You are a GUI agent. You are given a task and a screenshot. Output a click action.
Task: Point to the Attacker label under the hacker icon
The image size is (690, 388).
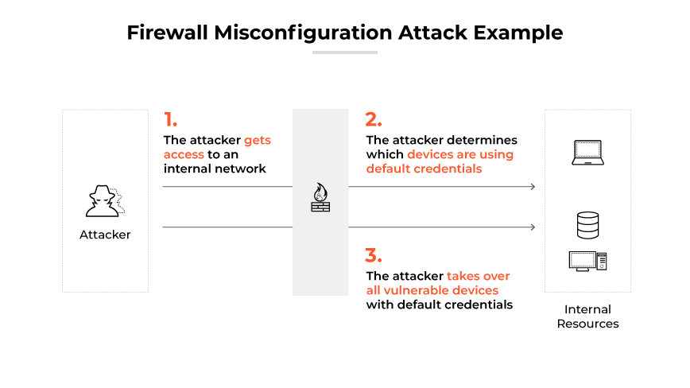coord(105,235)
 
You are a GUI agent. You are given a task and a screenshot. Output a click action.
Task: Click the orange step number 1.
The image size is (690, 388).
coord(170,120)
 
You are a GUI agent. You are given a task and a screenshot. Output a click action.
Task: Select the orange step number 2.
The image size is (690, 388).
coord(374,120)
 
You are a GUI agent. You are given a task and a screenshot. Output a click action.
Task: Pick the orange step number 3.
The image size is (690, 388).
coord(374,256)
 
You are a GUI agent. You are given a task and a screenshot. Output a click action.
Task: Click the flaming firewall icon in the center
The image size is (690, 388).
coord(320,197)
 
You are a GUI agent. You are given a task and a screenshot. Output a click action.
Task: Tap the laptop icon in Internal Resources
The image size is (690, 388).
coord(587,153)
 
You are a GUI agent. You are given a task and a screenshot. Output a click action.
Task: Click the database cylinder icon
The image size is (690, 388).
coord(587,225)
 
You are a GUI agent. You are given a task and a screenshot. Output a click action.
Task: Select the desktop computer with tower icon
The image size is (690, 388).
coord(587,261)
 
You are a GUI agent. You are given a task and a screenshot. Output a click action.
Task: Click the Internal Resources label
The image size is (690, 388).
coord(587,316)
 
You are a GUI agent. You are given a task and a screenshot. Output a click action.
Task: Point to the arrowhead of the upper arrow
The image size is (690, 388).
coord(533,187)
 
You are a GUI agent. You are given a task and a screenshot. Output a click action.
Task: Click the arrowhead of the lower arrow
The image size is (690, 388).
coord(533,227)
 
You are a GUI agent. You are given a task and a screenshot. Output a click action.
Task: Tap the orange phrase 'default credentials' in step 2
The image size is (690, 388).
coord(424,169)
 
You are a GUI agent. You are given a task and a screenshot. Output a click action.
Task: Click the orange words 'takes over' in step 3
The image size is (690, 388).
coord(478,276)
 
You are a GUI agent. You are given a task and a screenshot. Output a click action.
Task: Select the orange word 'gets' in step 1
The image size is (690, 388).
coord(258,140)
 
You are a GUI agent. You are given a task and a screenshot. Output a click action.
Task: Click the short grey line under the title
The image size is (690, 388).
coord(344,52)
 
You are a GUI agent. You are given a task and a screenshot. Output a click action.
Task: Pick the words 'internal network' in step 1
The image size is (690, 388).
coord(215,169)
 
